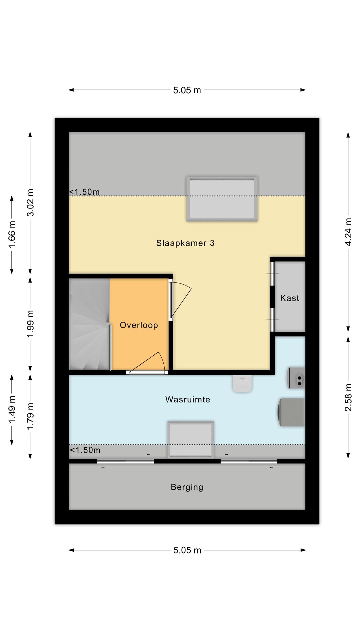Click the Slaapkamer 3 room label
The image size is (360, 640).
185,243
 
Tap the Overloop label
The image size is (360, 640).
139,325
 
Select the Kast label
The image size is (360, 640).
289,298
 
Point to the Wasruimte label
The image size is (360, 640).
188,399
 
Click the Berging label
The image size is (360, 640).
187,487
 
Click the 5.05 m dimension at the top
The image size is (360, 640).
187,90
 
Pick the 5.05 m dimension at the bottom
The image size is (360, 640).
187,550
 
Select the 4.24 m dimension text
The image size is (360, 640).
348,232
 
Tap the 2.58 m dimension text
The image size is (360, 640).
348,397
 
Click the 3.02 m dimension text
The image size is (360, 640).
30,202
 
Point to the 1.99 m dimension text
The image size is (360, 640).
30,324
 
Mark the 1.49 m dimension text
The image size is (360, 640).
12,409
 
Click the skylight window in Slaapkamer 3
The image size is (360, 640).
222,199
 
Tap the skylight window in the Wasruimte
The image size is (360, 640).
191,439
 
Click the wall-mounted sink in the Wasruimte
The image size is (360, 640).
242,384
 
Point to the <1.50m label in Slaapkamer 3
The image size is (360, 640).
84,192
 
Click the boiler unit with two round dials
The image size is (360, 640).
297,378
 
